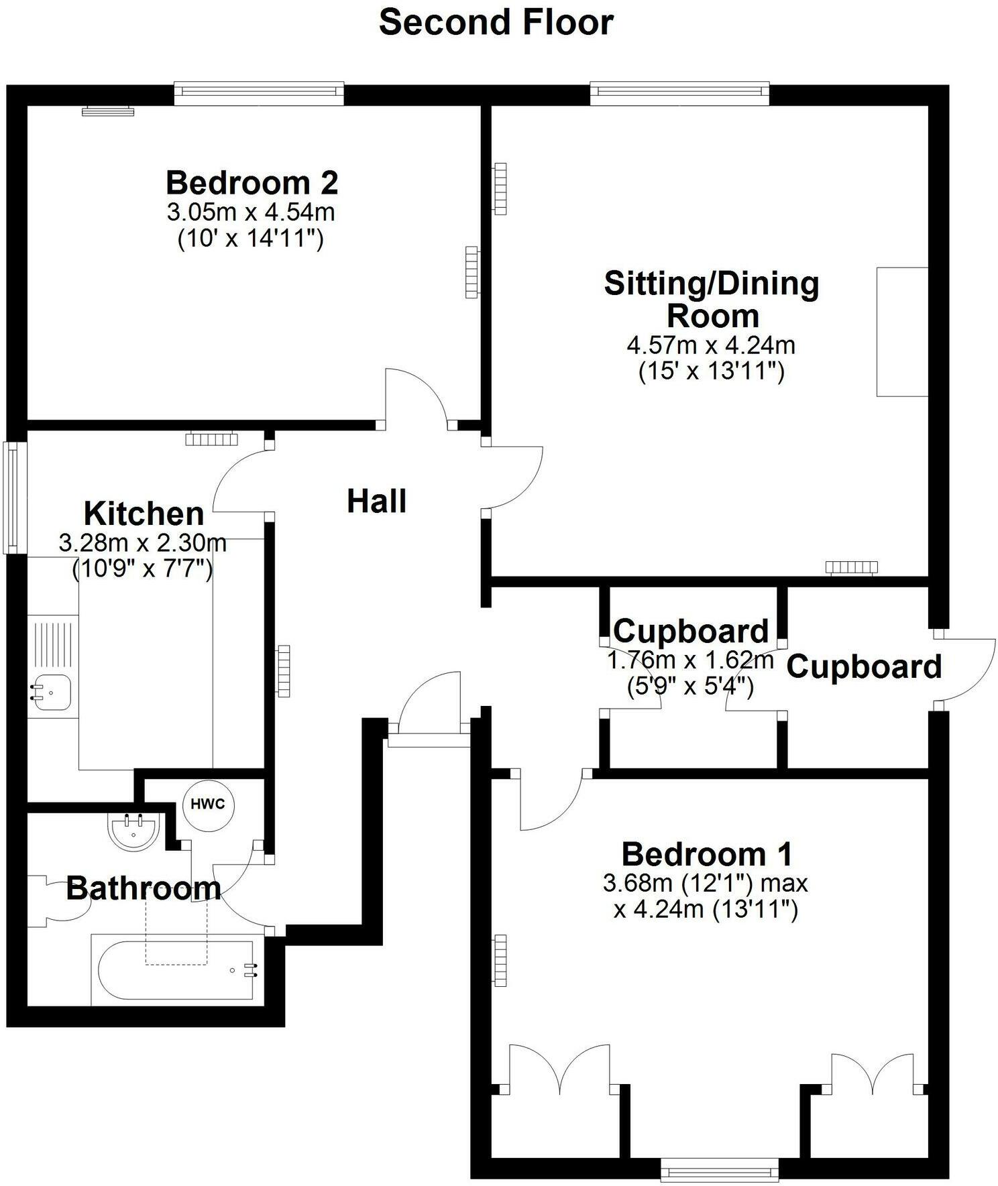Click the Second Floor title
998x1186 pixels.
(496, 22)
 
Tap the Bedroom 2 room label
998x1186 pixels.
(252, 182)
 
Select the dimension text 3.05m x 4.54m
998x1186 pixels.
(250, 213)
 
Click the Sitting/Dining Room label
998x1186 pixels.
(712, 299)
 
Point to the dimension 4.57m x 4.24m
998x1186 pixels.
(711, 345)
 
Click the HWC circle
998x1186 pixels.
(208, 805)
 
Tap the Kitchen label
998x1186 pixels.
(144, 514)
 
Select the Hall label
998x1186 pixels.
(376, 501)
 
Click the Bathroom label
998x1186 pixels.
(144, 888)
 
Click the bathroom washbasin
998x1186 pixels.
(133, 831)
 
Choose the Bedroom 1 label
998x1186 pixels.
(707, 855)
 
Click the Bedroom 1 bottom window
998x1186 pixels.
(719, 1170)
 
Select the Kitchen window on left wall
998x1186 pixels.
(12, 497)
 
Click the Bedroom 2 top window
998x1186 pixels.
(259, 93)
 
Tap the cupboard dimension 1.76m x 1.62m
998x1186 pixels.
(690, 660)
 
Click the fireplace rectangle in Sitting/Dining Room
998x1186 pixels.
(902, 331)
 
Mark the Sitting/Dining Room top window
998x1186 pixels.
(679, 93)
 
